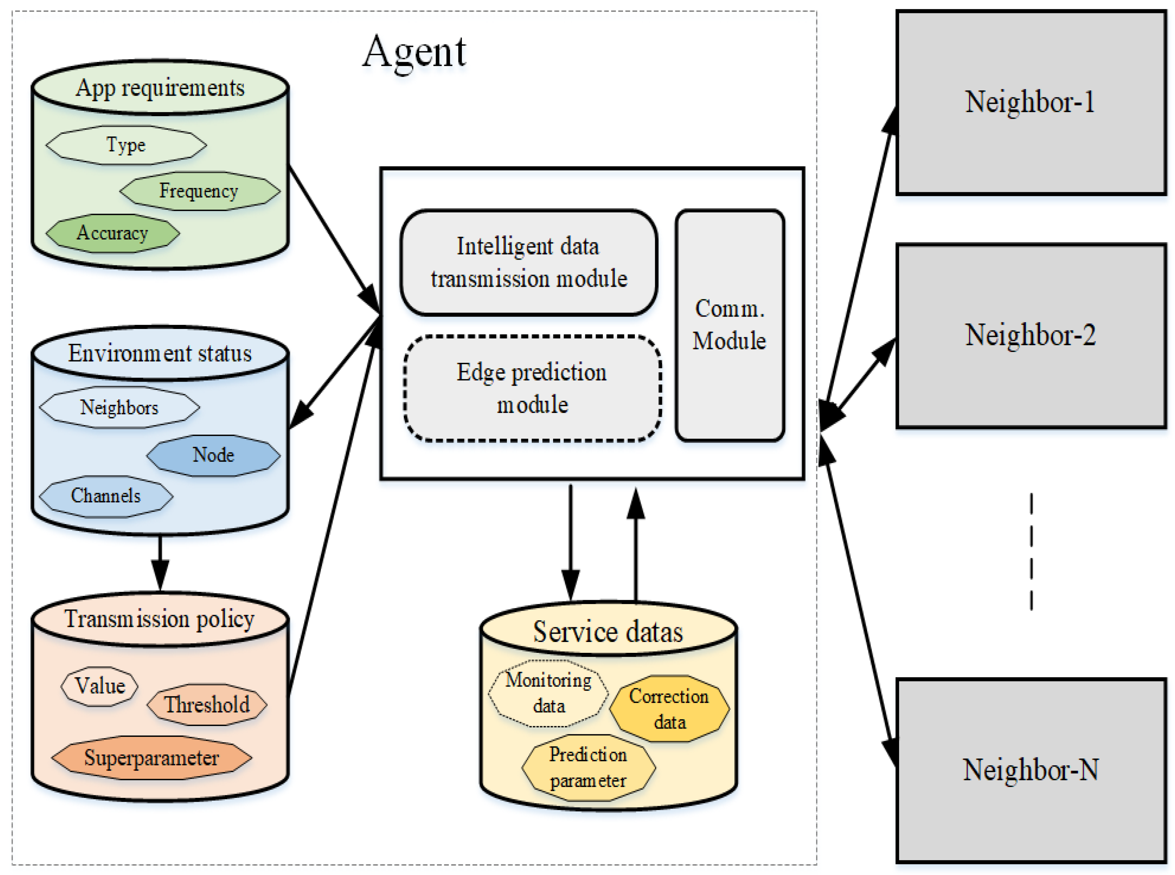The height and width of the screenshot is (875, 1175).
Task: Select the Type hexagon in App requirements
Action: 126,145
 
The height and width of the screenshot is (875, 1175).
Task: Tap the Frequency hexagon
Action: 200,191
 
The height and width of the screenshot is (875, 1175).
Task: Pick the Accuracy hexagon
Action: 112,233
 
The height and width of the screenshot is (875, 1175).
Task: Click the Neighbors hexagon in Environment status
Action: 119,407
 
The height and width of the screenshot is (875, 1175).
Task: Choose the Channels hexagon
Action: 106,496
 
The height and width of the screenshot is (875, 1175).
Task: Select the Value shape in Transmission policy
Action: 100,686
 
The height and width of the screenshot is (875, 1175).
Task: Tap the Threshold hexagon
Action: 207,704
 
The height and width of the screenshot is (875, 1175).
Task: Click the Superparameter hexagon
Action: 151,758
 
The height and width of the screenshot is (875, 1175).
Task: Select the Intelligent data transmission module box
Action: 529,263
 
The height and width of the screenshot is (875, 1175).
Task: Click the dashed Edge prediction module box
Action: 532,388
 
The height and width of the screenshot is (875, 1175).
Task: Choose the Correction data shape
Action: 669,709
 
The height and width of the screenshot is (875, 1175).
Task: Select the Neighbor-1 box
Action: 1030,102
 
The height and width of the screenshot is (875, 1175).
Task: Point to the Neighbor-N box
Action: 1030,770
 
